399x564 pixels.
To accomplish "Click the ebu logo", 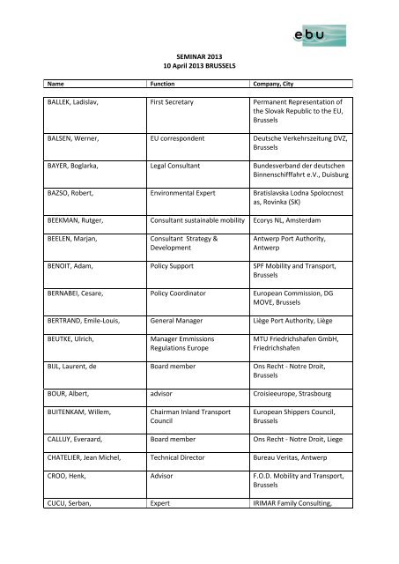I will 327,36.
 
